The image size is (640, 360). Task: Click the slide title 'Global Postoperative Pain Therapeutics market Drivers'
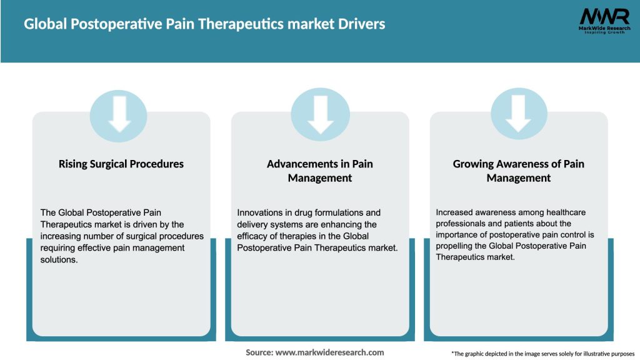pos(204,24)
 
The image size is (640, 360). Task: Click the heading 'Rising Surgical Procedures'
pos(121,164)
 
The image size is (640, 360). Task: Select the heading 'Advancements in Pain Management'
pos(320,171)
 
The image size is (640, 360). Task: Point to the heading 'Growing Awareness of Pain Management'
pos(518,171)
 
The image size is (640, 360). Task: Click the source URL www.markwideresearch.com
pos(329,352)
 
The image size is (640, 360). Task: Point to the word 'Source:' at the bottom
pos(259,352)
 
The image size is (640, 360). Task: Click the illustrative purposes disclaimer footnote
pos(542,353)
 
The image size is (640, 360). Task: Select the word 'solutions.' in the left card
pos(61,259)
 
